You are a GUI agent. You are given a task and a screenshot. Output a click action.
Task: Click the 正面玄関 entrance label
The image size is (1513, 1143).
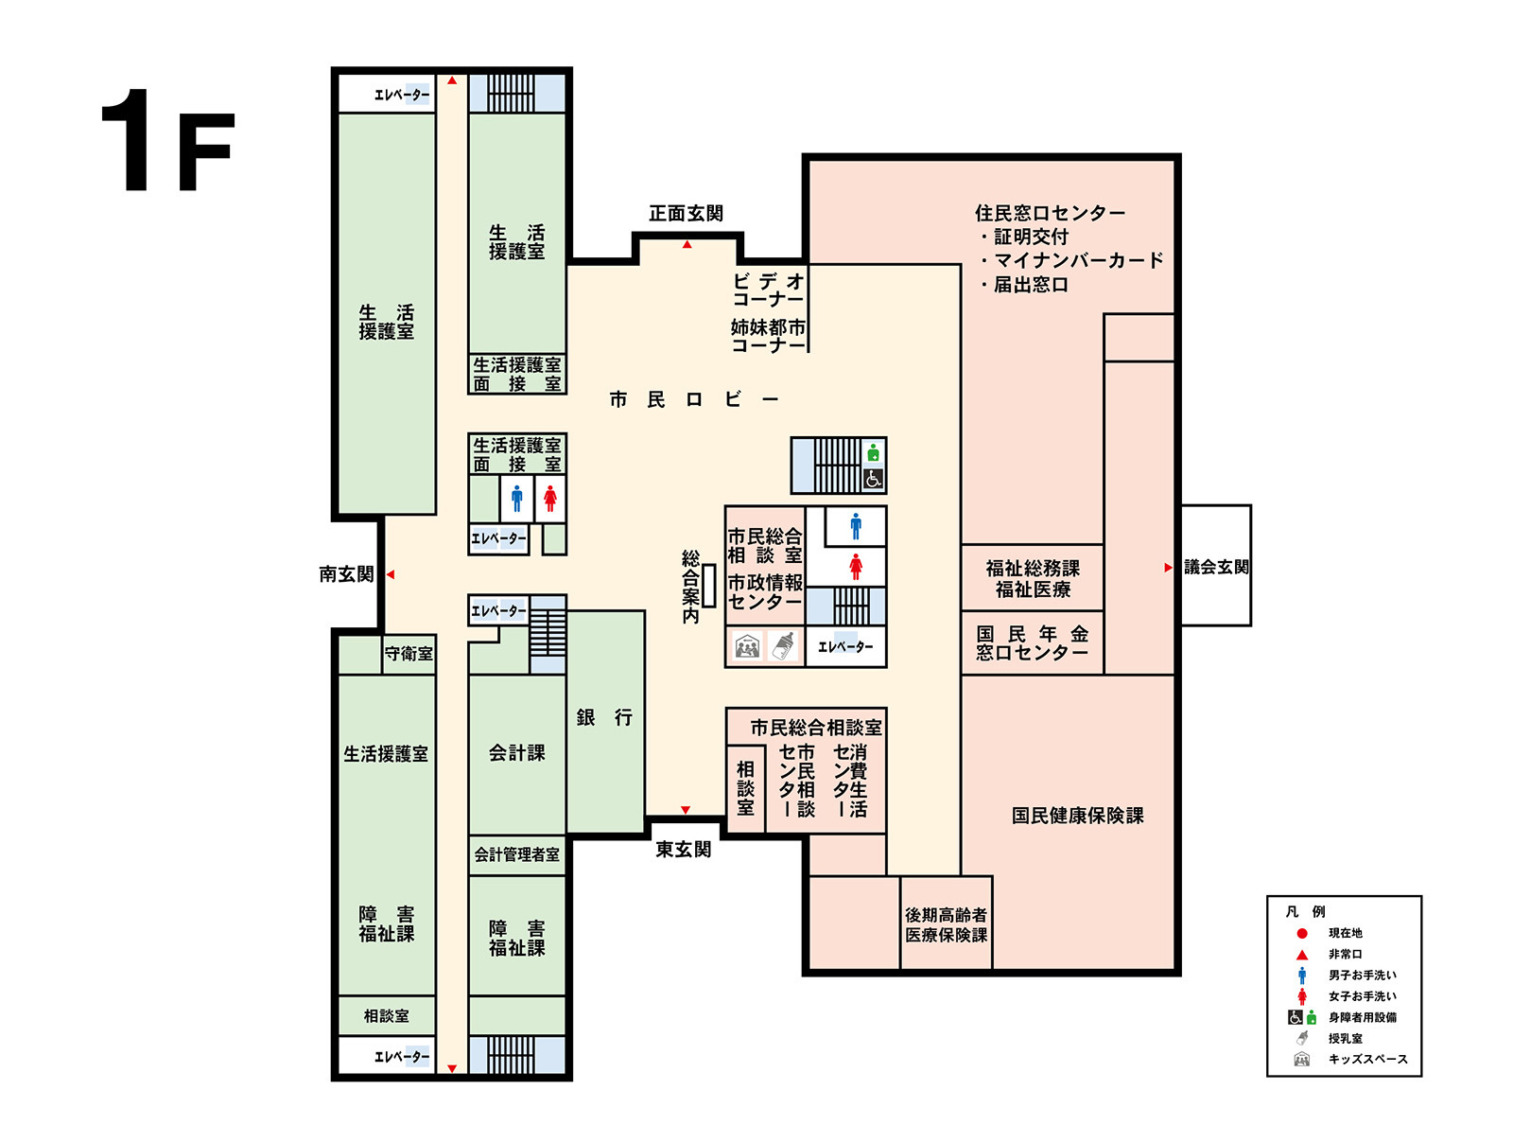coord(686,213)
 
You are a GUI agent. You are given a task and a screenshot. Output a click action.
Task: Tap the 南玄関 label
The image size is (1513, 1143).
coord(346,573)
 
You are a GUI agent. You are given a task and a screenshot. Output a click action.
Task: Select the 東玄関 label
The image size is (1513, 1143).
coord(683,849)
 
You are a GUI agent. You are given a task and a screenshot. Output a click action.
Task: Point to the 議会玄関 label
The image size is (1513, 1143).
coord(1216,567)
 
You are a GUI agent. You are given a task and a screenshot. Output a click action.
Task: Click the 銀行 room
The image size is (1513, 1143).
coord(604,721)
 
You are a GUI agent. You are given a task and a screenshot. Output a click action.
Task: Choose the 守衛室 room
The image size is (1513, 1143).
coord(409,653)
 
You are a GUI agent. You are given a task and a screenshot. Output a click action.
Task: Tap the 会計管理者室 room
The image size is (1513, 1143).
coord(517,854)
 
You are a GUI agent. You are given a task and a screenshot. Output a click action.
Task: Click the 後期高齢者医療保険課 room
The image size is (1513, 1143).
coord(946,923)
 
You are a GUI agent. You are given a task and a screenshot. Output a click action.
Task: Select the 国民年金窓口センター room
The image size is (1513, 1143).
coord(1032,642)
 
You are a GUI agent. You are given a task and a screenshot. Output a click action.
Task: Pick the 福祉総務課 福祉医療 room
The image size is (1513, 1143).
coord(1032,578)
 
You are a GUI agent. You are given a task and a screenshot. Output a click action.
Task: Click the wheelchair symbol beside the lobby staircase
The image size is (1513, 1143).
coord(874,478)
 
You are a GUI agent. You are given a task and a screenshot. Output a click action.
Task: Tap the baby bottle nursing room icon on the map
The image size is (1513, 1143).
coord(782,646)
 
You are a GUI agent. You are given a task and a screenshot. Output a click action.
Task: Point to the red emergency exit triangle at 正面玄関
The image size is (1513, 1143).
coord(687,244)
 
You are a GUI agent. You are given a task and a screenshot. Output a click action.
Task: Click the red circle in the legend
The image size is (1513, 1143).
coord(1302,933)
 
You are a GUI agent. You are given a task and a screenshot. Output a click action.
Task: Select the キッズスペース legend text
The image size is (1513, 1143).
coord(1367,1058)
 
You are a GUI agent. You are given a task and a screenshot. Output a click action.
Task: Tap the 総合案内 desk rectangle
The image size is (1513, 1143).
coord(708,586)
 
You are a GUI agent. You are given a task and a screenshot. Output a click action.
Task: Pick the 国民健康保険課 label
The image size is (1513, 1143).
coord(1077,816)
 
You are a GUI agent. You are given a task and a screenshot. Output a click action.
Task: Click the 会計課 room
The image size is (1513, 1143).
coord(517,753)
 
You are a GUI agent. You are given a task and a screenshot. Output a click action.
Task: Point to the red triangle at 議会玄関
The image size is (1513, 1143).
coord(1168,568)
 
